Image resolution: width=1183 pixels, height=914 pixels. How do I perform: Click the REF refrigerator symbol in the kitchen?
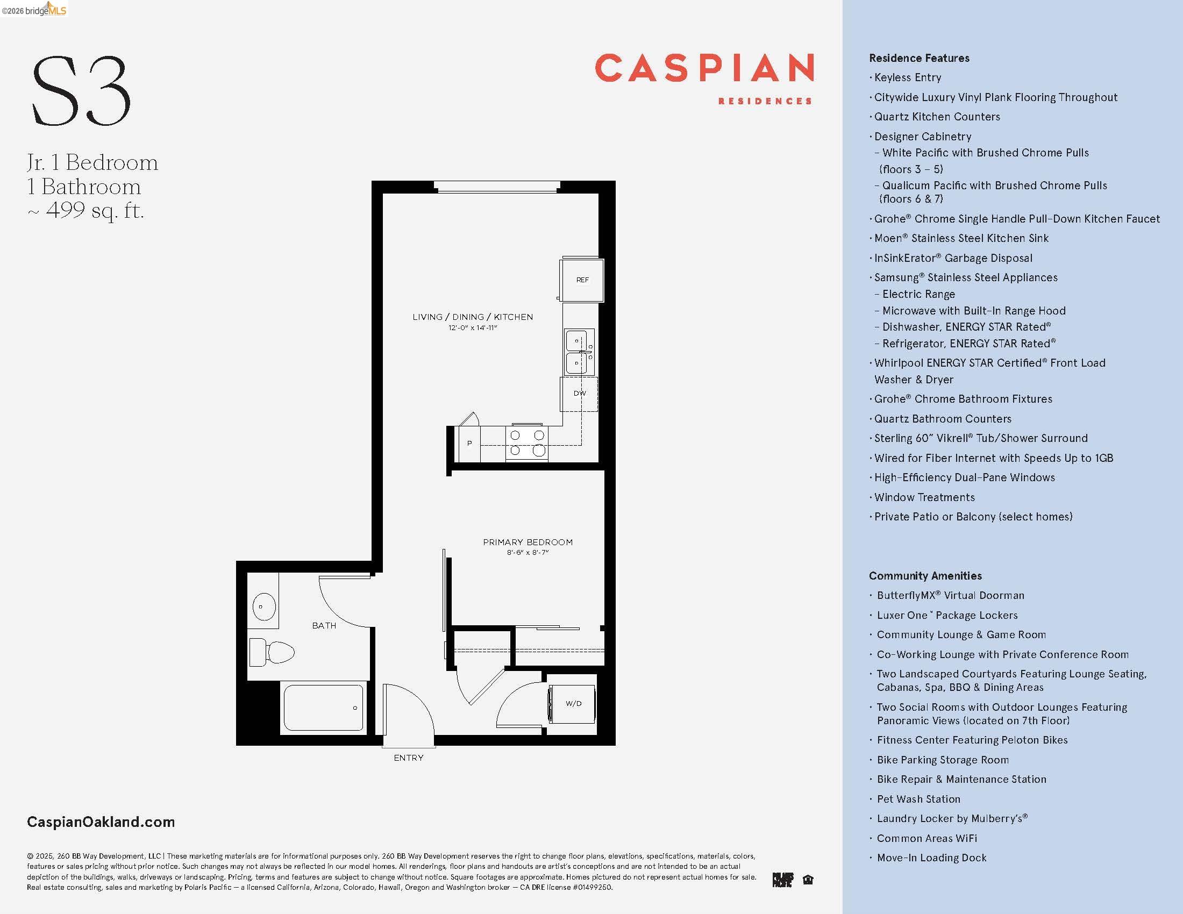[x=582, y=280]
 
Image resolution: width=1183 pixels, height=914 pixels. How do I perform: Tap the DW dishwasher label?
[x=580, y=393]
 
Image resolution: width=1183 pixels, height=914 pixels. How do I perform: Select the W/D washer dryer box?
[x=573, y=703]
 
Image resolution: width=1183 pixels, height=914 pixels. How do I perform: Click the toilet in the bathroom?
[x=273, y=652]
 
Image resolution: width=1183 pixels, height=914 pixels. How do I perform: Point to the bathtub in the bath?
[x=323, y=708]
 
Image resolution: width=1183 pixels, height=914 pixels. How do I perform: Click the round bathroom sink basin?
[x=264, y=606]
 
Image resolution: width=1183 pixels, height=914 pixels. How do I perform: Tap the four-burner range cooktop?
[x=526, y=442]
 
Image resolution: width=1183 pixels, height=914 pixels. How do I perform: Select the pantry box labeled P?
[x=469, y=443]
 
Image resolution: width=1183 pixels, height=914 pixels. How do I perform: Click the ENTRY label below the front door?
[x=409, y=758]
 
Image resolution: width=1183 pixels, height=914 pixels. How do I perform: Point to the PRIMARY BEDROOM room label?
[x=528, y=542]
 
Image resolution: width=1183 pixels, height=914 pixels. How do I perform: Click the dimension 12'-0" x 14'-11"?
[x=472, y=327]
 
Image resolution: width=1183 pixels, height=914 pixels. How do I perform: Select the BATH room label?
[x=324, y=625]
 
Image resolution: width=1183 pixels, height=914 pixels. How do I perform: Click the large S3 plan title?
[x=81, y=91]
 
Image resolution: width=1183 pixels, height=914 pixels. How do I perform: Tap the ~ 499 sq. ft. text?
[x=85, y=210]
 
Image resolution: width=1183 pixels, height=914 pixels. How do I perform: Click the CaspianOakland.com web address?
[x=101, y=822]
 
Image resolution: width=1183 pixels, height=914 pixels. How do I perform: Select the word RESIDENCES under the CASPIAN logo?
[x=764, y=101]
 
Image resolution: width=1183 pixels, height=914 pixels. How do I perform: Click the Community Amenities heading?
[x=925, y=576]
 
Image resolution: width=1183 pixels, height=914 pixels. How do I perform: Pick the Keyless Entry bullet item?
[x=907, y=77]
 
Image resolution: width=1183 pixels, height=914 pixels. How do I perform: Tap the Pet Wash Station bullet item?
[x=918, y=798]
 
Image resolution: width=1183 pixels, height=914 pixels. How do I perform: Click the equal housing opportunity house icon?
[x=808, y=880]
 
